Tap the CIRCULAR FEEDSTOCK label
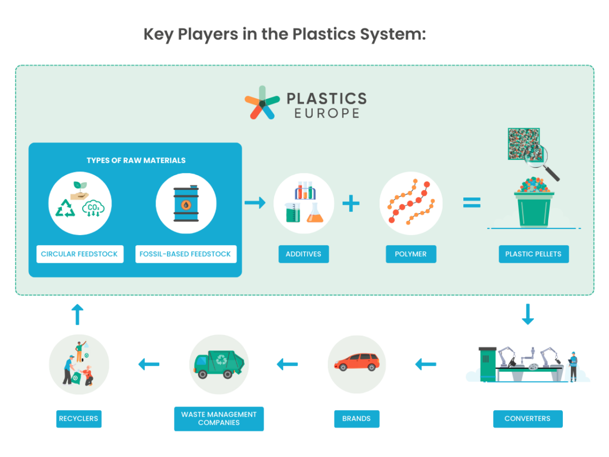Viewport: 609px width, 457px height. point(79,254)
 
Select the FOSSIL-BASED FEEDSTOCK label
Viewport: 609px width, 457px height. point(185,254)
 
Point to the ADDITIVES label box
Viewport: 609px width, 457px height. point(303,254)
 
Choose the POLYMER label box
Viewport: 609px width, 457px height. point(411,254)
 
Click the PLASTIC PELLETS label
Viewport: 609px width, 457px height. point(533,254)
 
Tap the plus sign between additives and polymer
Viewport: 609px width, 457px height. point(351,203)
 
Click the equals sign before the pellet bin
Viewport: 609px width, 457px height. point(471,203)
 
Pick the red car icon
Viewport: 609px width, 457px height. point(357,362)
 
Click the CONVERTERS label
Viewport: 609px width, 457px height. point(527,418)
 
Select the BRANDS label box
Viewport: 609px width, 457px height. point(356,418)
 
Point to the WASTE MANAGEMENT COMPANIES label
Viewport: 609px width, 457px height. point(219,418)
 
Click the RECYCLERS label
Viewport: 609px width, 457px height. point(79,418)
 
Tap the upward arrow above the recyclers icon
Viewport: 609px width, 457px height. point(78,314)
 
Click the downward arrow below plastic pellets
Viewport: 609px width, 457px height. point(527,314)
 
